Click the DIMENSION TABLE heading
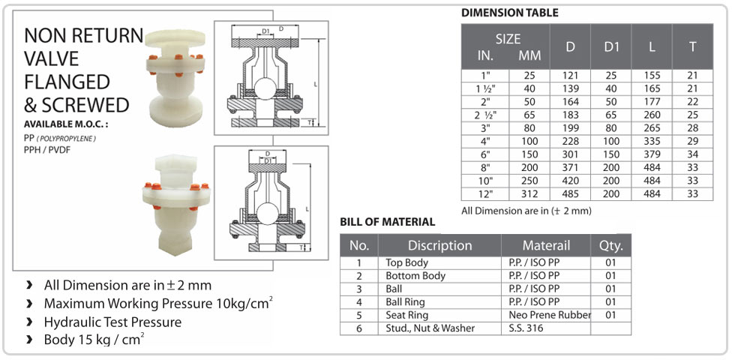pyautogui.click(x=509, y=13)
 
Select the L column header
pyautogui.click(x=652, y=46)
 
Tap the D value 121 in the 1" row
pyautogui.click(x=570, y=76)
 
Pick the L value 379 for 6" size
pyautogui.click(x=652, y=154)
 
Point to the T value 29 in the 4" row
pyautogui.click(x=692, y=141)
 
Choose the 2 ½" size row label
pyautogui.click(x=485, y=115)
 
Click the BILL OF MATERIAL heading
pyautogui.click(x=387, y=222)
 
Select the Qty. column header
pyautogui.click(x=610, y=245)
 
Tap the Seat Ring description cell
pyautogui.click(x=406, y=315)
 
